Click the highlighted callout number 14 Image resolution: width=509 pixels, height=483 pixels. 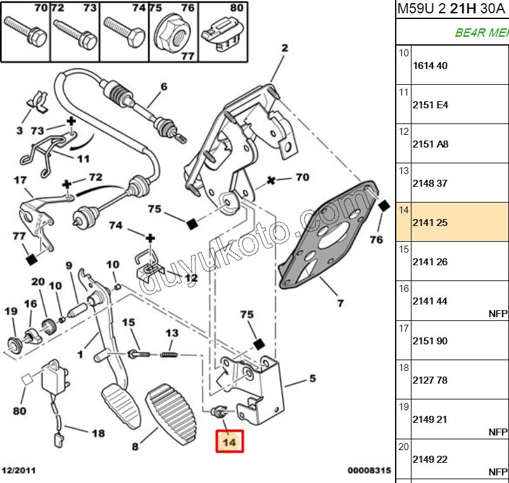[229, 441]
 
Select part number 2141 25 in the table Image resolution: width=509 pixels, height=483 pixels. [430, 223]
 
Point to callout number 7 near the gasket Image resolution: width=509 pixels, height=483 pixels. [340, 303]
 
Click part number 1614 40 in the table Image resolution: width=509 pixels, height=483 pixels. [430, 66]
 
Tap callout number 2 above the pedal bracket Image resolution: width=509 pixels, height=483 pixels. [284, 48]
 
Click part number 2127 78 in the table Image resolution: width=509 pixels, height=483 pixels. [430, 380]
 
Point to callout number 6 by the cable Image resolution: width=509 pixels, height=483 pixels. [163, 87]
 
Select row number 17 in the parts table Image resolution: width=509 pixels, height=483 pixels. [404, 329]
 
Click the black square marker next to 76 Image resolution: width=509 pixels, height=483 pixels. [382, 205]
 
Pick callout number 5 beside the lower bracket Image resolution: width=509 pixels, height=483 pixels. [311, 379]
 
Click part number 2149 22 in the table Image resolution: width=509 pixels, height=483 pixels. [430, 458]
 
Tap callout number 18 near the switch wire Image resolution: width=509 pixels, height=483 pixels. [97, 434]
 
